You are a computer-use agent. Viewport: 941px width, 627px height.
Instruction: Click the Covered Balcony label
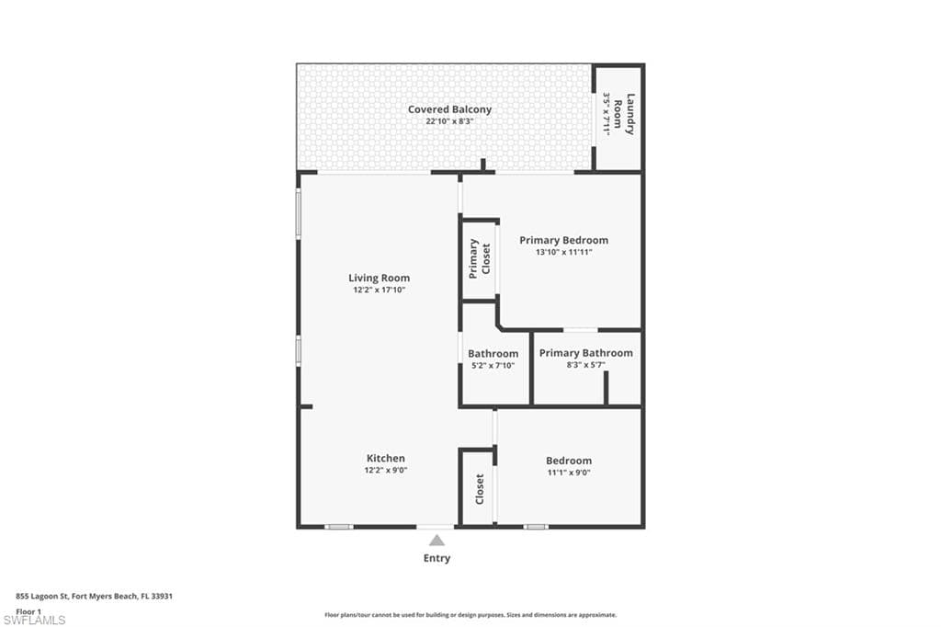[449, 109]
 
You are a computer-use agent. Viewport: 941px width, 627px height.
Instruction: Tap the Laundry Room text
[624, 115]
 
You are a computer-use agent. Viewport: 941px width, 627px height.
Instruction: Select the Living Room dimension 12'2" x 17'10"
[379, 290]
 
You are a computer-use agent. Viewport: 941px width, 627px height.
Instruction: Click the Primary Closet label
[480, 259]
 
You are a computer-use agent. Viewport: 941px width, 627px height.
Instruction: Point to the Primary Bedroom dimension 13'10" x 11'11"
[563, 252]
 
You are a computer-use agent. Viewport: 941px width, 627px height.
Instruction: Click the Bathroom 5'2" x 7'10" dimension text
[493, 365]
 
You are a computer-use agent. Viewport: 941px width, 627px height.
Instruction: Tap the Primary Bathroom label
[585, 353]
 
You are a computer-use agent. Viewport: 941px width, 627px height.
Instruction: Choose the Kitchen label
[386, 458]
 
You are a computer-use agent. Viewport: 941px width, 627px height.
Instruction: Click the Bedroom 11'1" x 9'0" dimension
[568, 473]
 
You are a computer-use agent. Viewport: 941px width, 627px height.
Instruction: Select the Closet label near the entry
[480, 489]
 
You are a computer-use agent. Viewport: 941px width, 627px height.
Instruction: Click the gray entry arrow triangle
[437, 541]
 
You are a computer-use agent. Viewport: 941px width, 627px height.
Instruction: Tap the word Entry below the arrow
[436, 558]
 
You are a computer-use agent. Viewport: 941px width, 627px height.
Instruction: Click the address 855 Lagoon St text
[95, 596]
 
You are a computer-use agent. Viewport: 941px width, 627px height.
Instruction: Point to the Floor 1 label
[29, 610]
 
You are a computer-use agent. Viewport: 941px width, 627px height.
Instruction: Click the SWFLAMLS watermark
[36, 621]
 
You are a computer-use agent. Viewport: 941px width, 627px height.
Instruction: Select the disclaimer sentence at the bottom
[470, 615]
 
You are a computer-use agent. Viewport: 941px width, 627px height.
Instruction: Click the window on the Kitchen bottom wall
[339, 527]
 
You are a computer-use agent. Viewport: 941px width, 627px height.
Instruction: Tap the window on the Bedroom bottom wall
[536, 527]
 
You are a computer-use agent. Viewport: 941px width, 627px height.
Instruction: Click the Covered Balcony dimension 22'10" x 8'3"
[449, 121]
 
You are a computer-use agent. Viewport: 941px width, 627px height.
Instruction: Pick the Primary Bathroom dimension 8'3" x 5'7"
[585, 365]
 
